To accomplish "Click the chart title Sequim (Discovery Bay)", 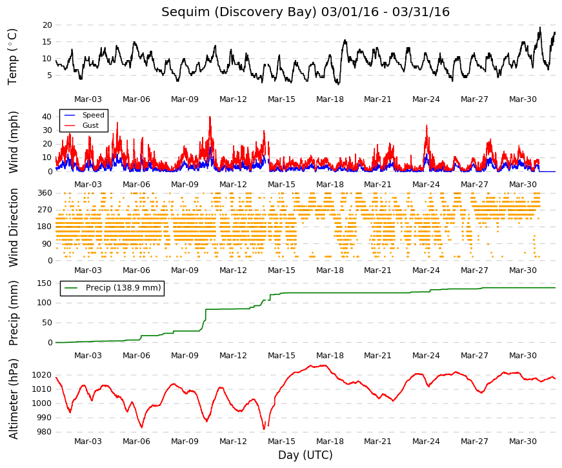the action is [x=239, y=12].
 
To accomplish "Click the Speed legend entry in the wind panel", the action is [x=93, y=115].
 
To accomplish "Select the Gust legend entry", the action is [x=90, y=125].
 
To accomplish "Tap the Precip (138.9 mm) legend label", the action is [x=123, y=288].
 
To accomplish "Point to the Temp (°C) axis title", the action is [x=12, y=57].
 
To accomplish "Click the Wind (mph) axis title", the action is [x=13, y=142].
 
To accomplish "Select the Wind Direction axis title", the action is [x=13, y=228].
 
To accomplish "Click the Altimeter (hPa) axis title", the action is [x=13, y=399].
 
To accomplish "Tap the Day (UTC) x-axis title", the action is [x=305, y=455].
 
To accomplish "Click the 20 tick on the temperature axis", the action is [x=47, y=25].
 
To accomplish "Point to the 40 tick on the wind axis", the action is [x=47, y=117].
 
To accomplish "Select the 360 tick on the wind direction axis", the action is [x=45, y=193].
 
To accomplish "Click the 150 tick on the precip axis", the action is [x=45, y=283].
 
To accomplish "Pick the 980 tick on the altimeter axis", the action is [x=45, y=432].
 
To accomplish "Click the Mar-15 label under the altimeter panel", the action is [x=281, y=442].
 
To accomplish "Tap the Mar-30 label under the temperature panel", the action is [x=523, y=99].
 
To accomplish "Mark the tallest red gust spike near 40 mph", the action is [x=210, y=117].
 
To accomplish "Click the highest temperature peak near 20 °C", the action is [x=540, y=27].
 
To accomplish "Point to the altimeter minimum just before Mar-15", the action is [x=264, y=429].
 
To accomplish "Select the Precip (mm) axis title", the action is [x=13, y=313].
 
